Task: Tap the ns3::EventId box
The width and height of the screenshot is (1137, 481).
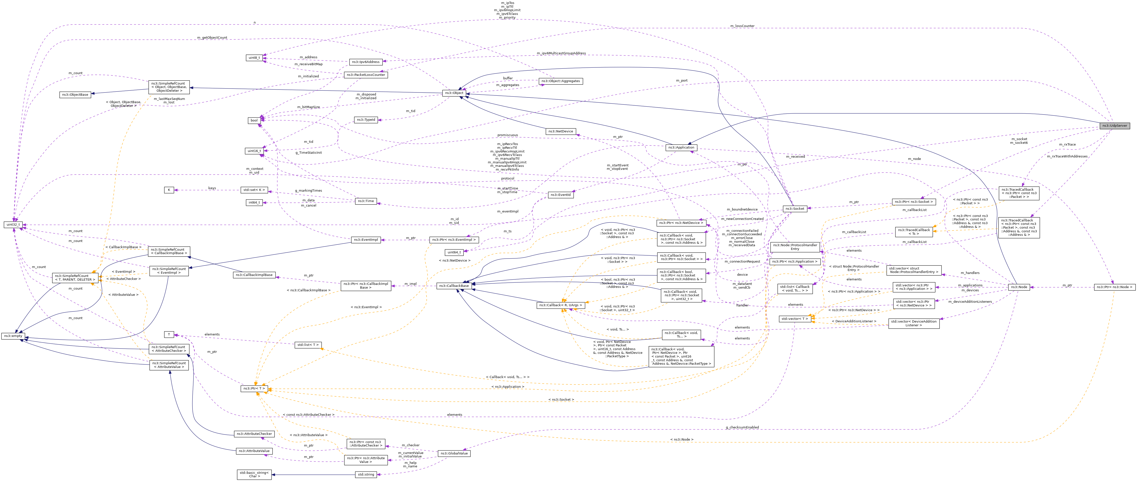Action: [x=560, y=195]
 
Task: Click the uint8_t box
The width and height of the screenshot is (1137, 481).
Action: [x=254, y=58]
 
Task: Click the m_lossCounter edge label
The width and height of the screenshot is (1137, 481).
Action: [x=742, y=26]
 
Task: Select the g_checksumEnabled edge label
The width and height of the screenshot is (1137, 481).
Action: [x=742, y=427]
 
